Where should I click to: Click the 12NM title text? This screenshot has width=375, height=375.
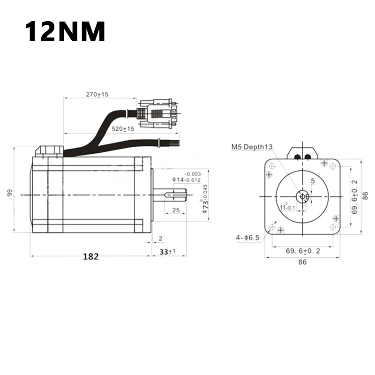[x=65, y=31]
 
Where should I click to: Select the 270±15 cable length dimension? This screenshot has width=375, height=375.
[x=97, y=95]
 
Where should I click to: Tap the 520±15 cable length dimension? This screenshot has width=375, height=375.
[x=123, y=129]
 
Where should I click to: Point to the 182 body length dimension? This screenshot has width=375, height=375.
[x=90, y=256]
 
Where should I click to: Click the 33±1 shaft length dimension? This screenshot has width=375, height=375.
[x=167, y=252]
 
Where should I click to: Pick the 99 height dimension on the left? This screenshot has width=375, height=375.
[x=9, y=193]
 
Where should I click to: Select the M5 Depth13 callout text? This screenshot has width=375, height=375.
[x=252, y=147]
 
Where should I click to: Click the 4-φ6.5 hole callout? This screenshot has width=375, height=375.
[x=247, y=238]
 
